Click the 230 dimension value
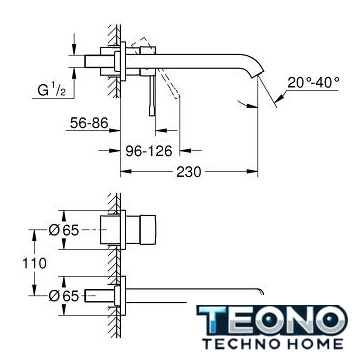(189, 172)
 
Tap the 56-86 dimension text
(89, 123)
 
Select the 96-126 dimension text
(149, 151)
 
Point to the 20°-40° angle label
(313, 82)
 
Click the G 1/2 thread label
(51, 90)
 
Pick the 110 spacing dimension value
(34, 263)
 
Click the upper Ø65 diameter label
(64, 230)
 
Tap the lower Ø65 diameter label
(64, 296)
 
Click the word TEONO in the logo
(272, 321)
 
